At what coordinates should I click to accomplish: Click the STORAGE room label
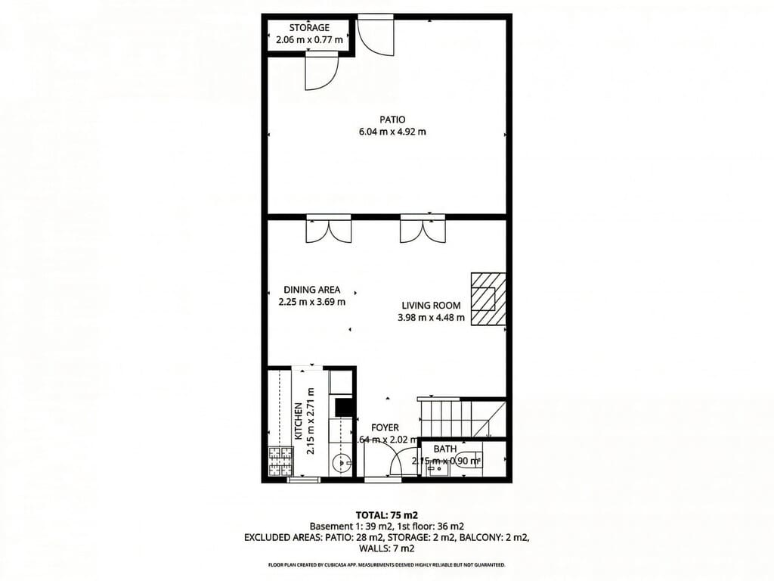tap(308, 28)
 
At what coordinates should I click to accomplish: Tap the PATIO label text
tap(392, 120)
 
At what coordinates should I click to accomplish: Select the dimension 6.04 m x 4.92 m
tap(392, 132)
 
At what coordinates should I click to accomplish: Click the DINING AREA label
tap(311, 290)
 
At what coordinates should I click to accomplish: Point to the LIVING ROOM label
tap(431, 306)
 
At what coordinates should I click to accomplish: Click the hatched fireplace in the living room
tap(488, 299)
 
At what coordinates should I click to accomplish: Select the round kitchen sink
tap(344, 462)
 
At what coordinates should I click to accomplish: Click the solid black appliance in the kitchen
tap(345, 408)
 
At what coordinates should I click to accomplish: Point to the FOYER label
tap(385, 428)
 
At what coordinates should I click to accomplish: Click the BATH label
tap(444, 449)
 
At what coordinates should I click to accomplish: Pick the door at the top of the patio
tap(375, 35)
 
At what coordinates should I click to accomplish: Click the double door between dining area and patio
tap(328, 230)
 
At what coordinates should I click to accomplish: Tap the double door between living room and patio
tap(422, 230)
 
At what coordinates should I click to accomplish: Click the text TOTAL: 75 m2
tap(386, 514)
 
